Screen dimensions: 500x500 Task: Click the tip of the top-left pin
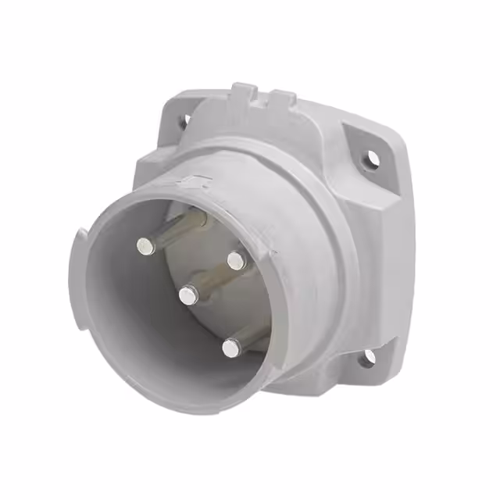pyautogui.click(x=144, y=247)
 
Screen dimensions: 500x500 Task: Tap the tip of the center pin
pyautogui.click(x=187, y=295)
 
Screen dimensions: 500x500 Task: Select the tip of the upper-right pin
pyautogui.click(x=236, y=259)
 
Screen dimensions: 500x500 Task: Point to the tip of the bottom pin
pyautogui.click(x=229, y=348)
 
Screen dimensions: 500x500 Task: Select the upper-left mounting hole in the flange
pyautogui.click(x=187, y=120)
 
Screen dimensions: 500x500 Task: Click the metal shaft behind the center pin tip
pyautogui.click(x=207, y=281)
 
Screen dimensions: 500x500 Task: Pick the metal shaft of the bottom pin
pyautogui.click(x=250, y=334)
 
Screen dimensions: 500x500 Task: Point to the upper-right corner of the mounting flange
pyautogui.click(x=402, y=148)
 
